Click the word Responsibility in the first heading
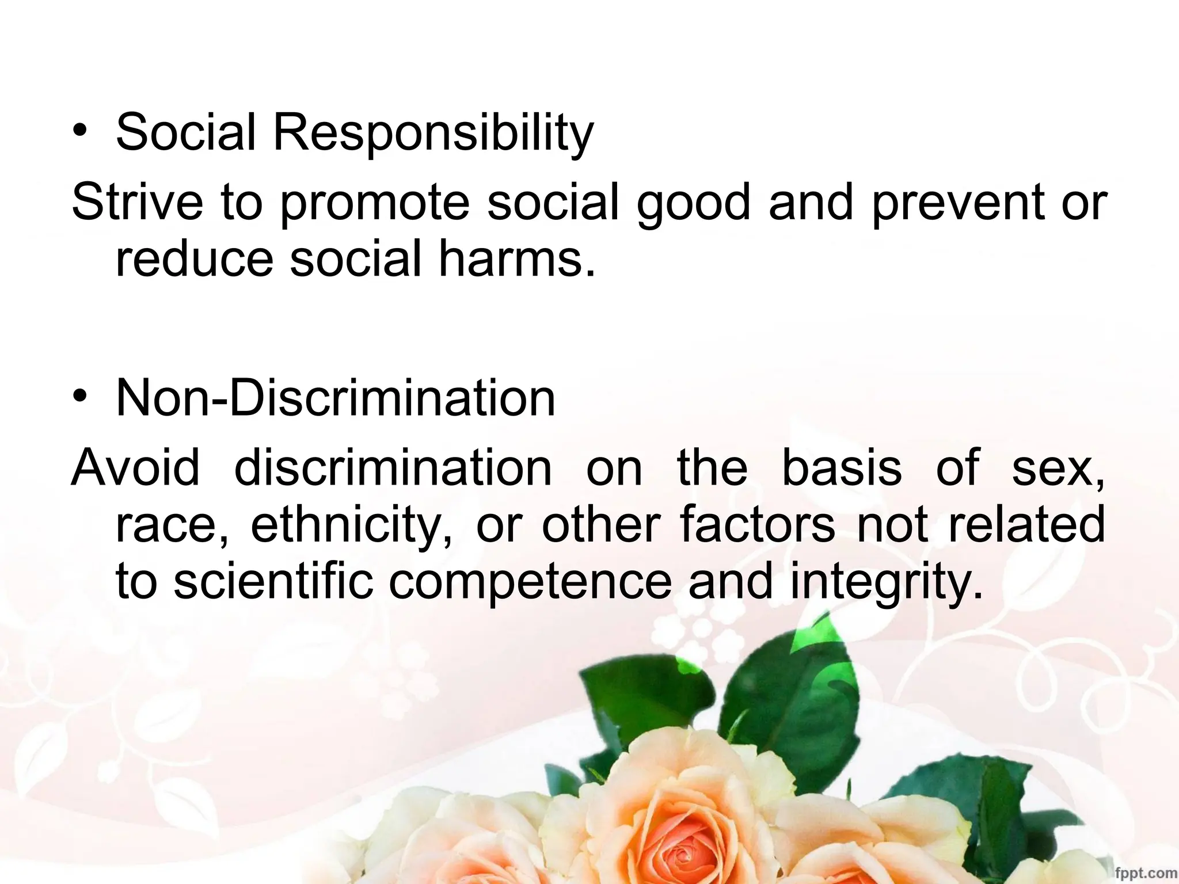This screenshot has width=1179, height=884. point(432,133)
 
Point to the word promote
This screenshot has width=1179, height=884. point(375,203)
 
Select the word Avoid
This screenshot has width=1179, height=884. point(135,467)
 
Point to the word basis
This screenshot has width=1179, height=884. point(842,467)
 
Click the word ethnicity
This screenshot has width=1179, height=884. point(351,525)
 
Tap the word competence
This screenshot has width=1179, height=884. point(530,581)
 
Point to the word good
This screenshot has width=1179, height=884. point(694,203)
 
